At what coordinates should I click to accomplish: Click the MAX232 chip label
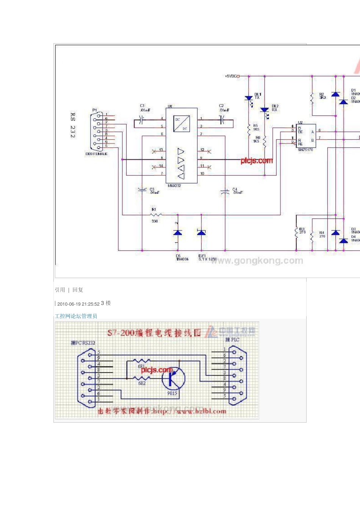pyautogui.click(x=174, y=186)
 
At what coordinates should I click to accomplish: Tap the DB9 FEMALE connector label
pyautogui.click(x=96, y=154)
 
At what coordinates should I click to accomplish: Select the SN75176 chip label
pyautogui.click(x=305, y=150)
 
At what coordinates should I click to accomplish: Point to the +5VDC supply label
pyautogui.click(x=230, y=76)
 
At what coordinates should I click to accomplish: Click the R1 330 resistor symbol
pyautogui.click(x=155, y=215)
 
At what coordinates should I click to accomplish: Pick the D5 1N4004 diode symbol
pyautogui.click(x=178, y=233)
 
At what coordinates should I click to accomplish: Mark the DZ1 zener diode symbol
pyautogui.click(x=201, y=232)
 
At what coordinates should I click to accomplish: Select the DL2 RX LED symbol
pyautogui.click(x=265, y=110)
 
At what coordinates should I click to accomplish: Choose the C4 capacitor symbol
pyautogui.click(x=225, y=192)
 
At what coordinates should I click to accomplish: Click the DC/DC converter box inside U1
pyautogui.click(x=182, y=124)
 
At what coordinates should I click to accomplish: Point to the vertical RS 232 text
pyautogui.click(x=73, y=125)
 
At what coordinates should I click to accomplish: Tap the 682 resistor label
pyautogui.click(x=142, y=383)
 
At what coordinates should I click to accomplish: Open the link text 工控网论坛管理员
pyautogui.click(x=76, y=316)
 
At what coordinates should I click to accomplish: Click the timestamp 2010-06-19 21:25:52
pyautogui.click(x=78, y=304)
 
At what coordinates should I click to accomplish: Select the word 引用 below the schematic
pyautogui.click(x=60, y=290)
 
